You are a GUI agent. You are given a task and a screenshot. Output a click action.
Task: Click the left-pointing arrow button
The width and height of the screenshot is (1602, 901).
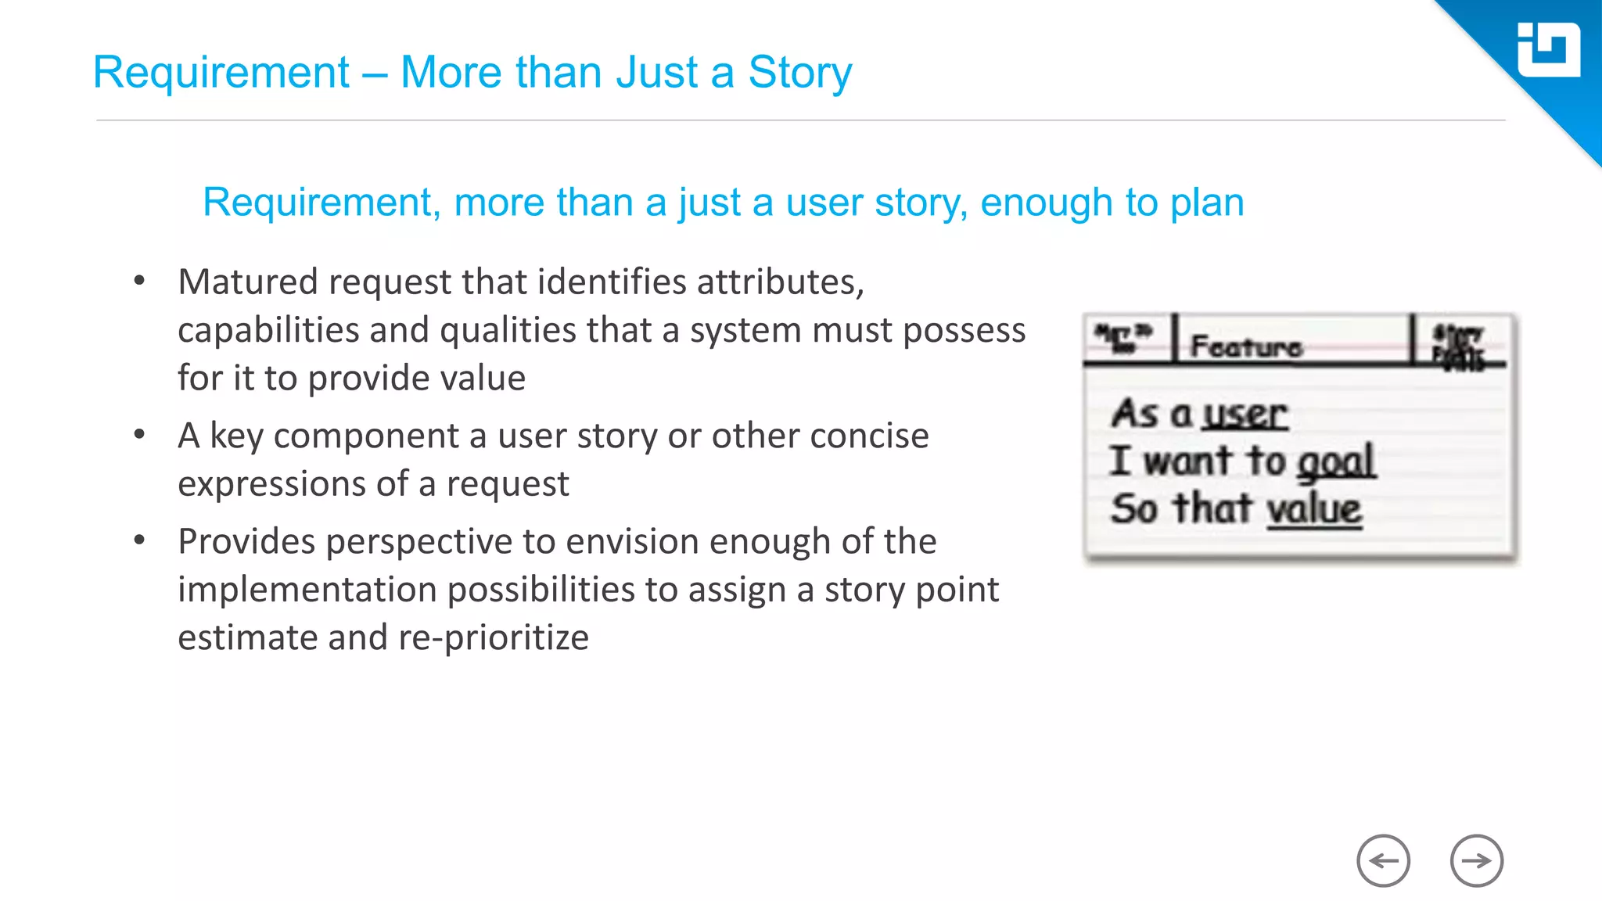click(1383, 861)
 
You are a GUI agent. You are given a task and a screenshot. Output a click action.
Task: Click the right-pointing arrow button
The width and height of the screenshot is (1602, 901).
click(1476, 861)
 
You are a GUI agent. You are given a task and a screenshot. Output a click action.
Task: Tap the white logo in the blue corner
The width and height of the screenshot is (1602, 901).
click(1548, 50)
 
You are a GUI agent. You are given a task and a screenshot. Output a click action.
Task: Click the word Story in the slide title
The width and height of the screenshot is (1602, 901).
click(799, 73)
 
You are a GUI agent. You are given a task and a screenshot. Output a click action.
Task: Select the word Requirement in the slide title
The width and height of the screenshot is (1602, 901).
click(221, 73)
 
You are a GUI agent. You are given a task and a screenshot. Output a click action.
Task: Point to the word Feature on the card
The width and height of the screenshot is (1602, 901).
click(1246, 346)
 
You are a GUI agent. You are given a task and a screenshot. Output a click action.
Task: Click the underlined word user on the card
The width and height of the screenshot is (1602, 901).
click(1245, 414)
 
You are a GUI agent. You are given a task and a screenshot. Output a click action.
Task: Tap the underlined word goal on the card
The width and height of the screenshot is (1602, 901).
click(1336, 461)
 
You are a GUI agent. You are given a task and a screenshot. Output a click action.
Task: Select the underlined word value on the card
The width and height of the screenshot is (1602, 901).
click(1314, 509)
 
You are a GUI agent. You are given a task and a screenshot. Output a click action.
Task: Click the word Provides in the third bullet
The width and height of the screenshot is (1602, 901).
click(246, 542)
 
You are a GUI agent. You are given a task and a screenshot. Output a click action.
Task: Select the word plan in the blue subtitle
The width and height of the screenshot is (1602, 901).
click(1207, 203)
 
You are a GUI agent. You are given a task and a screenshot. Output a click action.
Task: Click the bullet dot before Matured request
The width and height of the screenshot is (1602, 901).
click(139, 281)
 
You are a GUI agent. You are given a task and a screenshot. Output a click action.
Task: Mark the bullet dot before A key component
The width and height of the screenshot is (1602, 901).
click(139, 434)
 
